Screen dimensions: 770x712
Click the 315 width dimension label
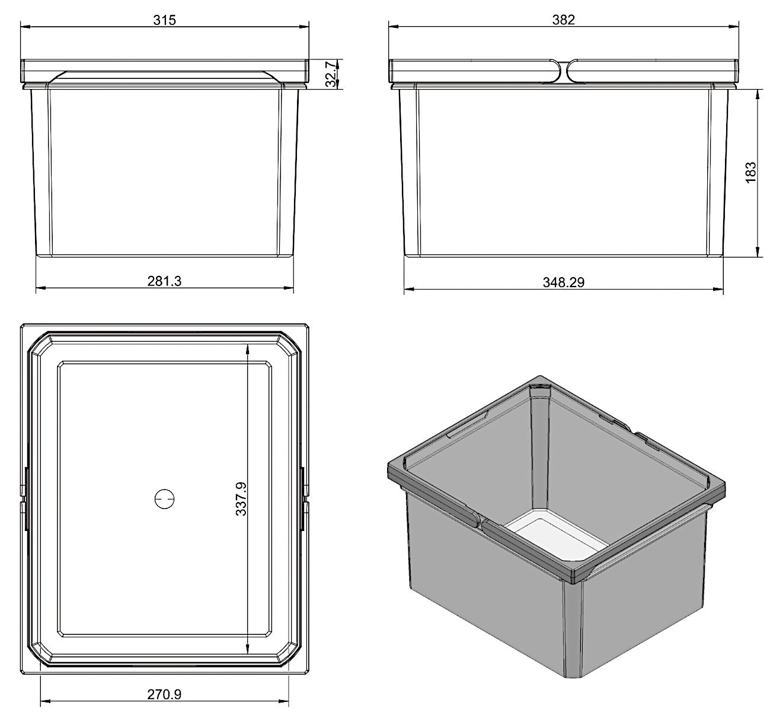(x=164, y=20)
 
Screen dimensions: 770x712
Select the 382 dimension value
(x=563, y=20)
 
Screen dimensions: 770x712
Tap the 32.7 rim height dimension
(x=330, y=74)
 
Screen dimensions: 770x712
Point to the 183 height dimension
(x=750, y=172)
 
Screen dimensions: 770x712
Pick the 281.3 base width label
(x=164, y=281)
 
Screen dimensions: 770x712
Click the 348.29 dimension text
(x=563, y=282)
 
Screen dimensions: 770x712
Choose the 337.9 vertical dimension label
(x=241, y=498)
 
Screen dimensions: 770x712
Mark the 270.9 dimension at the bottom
(x=164, y=694)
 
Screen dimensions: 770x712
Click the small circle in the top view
(x=164, y=498)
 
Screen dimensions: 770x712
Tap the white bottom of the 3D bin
(x=557, y=538)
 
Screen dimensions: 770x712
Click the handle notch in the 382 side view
(x=563, y=71)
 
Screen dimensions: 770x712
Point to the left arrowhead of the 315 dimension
(x=25, y=26)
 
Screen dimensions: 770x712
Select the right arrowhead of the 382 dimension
(x=733, y=26)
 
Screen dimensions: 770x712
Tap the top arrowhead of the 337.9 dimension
(x=247, y=350)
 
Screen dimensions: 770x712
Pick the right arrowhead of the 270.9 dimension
(x=283, y=701)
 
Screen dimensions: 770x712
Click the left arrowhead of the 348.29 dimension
(x=410, y=289)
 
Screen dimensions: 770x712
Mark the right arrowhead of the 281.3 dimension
(x=288, y=288)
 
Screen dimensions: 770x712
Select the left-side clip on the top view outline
(x=24, y=498)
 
